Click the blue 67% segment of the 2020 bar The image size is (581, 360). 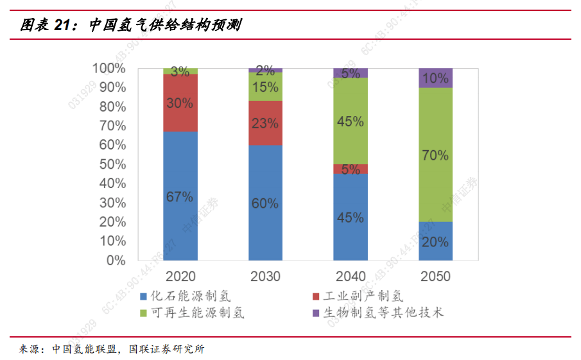click(x=180, y=196)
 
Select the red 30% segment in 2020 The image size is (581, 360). click(x=180, y=103)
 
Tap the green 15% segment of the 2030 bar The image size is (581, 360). click(x=265, y=87)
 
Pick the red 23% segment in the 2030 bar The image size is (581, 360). click(x=265, y=123)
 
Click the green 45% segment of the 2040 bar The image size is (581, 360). click(x=351, y=121)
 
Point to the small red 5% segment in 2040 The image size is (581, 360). click(x=351, y=169)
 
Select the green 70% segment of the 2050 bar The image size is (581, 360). click(x=435, y=154)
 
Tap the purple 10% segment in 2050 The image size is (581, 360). click(x=435, y=78)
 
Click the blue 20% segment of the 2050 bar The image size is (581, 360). click(x=435, y=241)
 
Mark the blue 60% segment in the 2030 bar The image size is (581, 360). click(x=265, y=203)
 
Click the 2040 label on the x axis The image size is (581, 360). click(x=351, y=277)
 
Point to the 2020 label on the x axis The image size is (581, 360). click(x=180, y=277)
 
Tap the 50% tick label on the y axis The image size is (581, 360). click(x=112, y=164)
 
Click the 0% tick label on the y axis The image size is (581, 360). click(x=116, y=261)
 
